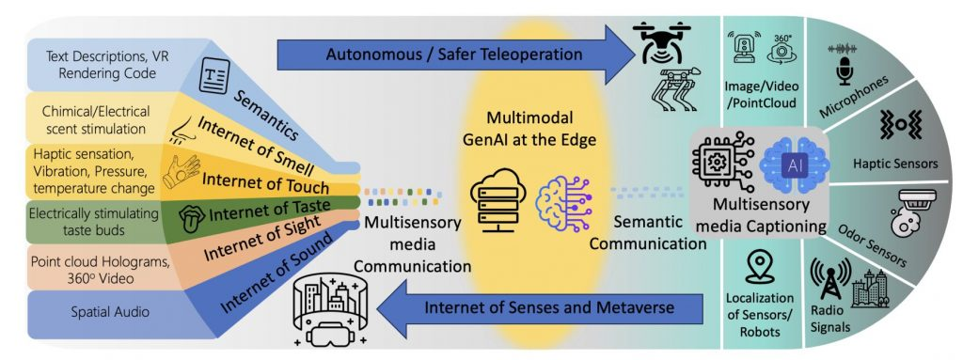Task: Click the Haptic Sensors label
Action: (893, 164)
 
